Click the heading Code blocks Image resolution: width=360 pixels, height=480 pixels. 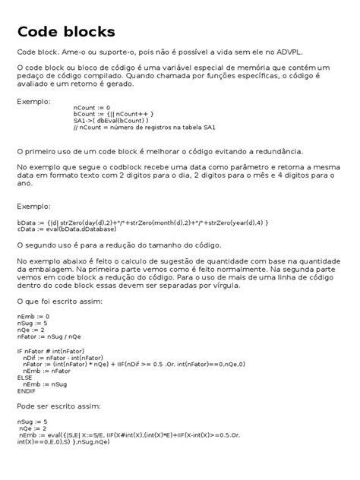point(66,32)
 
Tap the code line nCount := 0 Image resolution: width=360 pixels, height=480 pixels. point(92,108)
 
